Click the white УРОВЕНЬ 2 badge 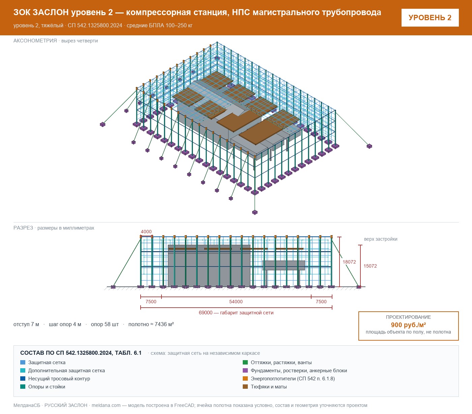(x=430, y=18)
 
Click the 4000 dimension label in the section (x=146, y=232)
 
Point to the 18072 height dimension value (x=349, y=262)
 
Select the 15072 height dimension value (x=370, y=266)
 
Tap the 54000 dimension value (x=236, y=302)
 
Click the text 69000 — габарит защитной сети (x=236, y=313)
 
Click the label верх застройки (x=380, y=239)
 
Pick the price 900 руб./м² (x=408, y=325)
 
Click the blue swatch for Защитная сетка (x=23, y=363)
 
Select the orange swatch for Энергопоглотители (x=245, y=379)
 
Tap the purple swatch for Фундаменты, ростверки (x=245, y=371)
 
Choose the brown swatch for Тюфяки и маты (x=245, y=387)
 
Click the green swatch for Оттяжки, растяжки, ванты (x=245, y=363)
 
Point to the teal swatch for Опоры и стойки (x=23, y=387)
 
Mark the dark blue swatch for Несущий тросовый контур (x=23, y=379)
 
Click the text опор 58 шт (x=105, y=324)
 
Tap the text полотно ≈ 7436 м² (x=151, y=324)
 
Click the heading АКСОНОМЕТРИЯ (x=35, y=41)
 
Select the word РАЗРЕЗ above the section (x=23, y=228)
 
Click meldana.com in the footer (x=106, y=405)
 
